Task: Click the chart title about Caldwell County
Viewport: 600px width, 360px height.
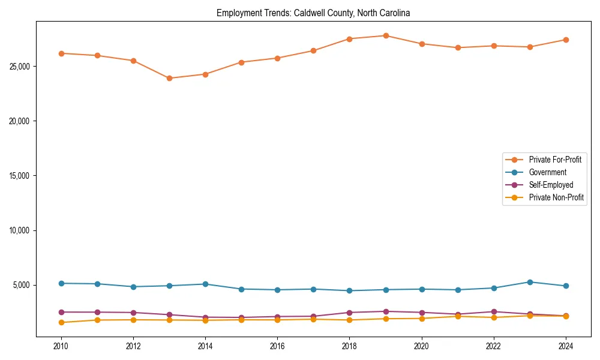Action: coord(313,13)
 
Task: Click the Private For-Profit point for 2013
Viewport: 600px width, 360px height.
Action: coord(169,78)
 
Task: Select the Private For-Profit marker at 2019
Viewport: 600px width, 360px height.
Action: coord(386,35)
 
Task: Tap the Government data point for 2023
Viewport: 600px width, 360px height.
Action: coord(530,282)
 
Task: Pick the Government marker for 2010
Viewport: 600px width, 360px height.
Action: coord(61,283)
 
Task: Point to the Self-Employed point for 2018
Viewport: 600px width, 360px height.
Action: coord(350,313)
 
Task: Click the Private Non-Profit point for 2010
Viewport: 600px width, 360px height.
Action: coord(61,322)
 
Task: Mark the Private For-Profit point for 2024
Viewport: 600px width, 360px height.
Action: coord(566,40)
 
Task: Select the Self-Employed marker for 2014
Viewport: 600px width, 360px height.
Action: coord(205,317)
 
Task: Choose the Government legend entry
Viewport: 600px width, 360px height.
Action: coord(547,172)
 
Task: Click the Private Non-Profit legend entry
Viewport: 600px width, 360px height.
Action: coord(556,197)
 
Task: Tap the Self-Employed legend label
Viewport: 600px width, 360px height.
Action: coord(551,185)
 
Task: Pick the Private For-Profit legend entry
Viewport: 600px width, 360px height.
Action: coord(555,160)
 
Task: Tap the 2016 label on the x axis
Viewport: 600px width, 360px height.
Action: coord(277,346)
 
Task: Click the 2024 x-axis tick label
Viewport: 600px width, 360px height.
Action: coord(566,346)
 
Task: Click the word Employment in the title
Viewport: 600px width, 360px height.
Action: coord(236,13)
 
